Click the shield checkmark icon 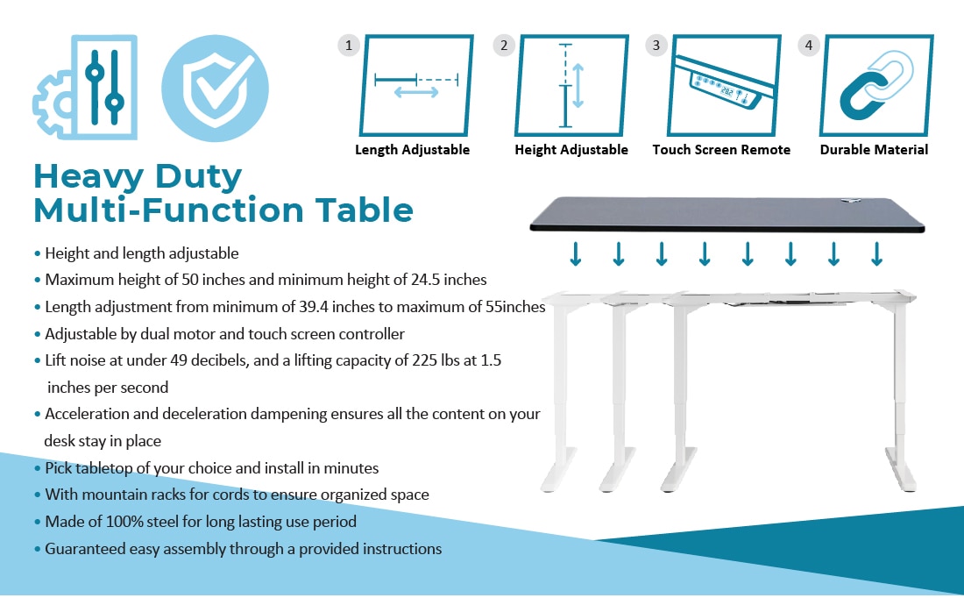(x=215, y=88)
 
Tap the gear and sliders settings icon (x=85, y=87)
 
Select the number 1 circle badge (x=349, y=45)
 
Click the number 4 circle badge (x=809, y=45)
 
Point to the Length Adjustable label (x=412, y=149)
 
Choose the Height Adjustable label (x=571, y=149)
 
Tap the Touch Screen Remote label (x=721, y=149)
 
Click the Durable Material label (x=874, y=149)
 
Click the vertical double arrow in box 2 (x=578, y=86)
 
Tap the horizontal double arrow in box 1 (x=416, y=92)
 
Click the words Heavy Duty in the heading (x=138, y=176)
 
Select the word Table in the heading (x=365, y=210)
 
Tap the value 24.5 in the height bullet (x=425, y=280)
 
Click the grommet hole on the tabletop (x=850, y=201)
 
